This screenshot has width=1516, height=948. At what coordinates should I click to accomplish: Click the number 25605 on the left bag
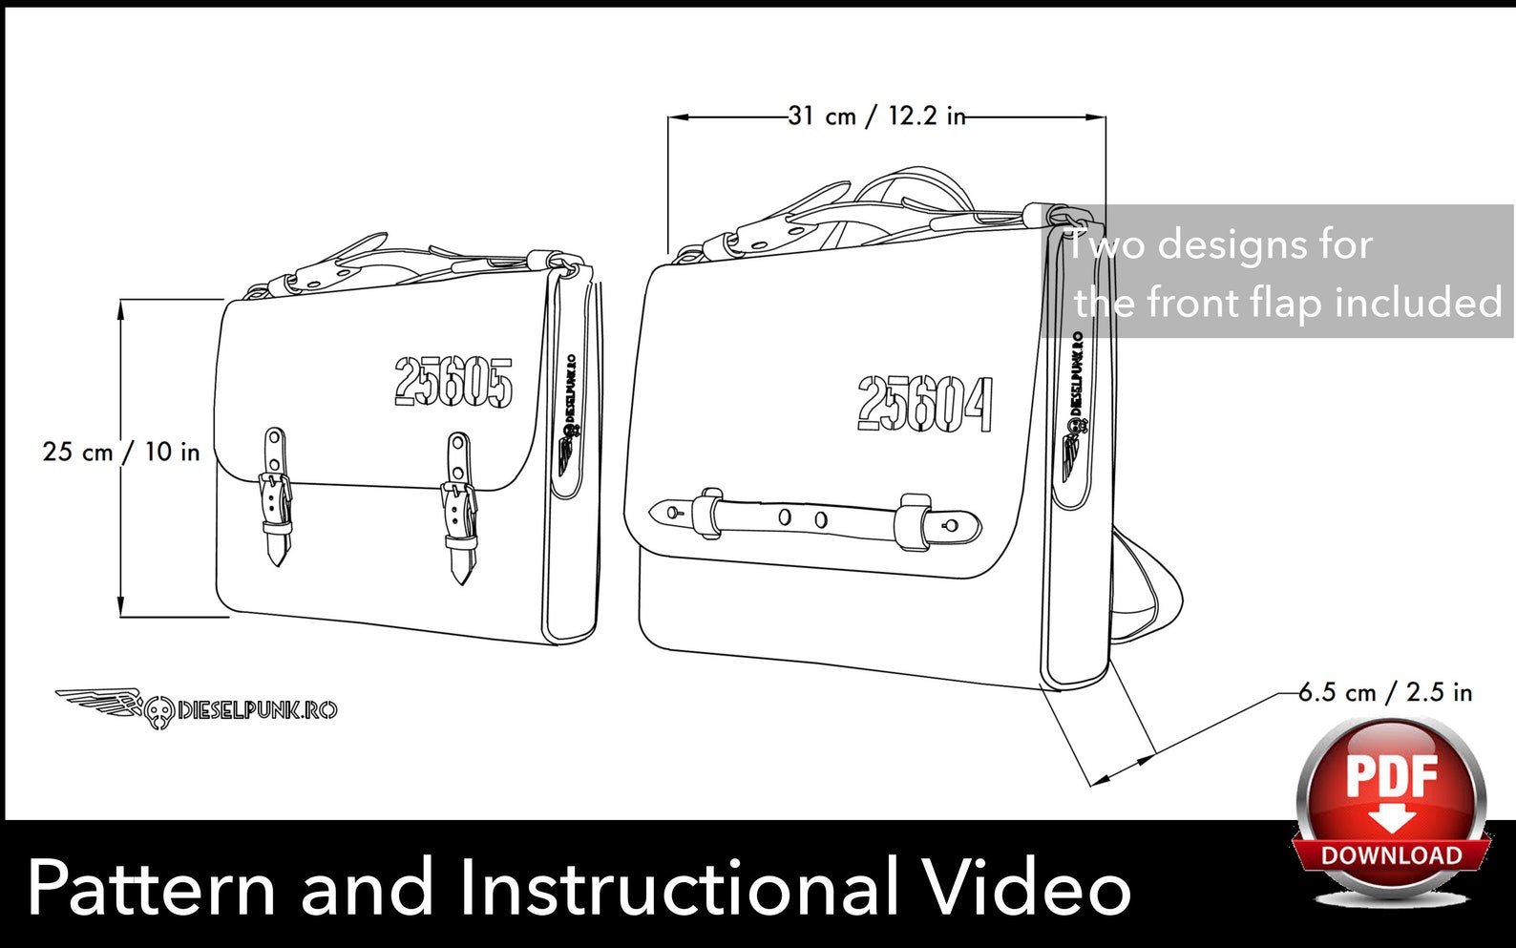453,382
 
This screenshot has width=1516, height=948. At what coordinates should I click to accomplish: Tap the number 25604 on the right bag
925,404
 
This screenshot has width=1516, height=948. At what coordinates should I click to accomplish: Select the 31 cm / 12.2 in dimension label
877,116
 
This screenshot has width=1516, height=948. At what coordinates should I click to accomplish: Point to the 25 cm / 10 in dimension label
121,452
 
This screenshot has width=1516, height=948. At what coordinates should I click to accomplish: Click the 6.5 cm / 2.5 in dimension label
1385,692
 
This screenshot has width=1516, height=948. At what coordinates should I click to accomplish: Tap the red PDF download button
1392,809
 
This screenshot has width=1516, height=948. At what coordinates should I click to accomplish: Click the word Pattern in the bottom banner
151,888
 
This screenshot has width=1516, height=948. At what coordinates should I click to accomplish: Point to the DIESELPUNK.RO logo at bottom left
197,708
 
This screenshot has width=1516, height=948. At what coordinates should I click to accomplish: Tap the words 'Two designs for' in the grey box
1219,245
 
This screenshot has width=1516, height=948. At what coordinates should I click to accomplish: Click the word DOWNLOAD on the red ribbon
1392,856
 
